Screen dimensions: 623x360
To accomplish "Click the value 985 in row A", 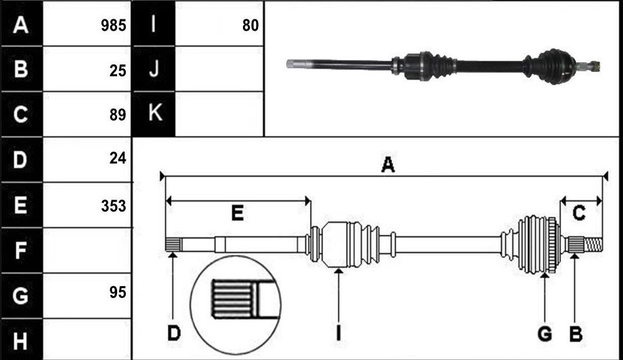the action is [x=113, y=26].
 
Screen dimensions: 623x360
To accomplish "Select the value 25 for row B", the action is [x=118, y=71].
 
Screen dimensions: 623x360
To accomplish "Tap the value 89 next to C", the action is [x=118, y=115].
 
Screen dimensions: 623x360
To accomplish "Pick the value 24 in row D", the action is [x=118, y=158].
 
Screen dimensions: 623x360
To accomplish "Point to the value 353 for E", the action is [x=113, y=206].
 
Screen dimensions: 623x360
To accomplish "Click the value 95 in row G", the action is [x=118, y=292].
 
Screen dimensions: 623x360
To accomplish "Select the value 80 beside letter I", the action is [x=250, y=26].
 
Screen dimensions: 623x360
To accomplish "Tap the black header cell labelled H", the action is [x=21, y=340].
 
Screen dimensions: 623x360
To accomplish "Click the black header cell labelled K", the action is [x=154, y=114].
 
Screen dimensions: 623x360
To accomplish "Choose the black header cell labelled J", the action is [x=154, y=69].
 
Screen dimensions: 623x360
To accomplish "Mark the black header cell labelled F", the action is [x=21, y=250].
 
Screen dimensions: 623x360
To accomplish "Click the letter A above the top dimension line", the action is [x=388, y=165].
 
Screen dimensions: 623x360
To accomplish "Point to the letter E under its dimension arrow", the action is [x=237, y=213].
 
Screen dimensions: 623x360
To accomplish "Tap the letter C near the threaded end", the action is [x=579, y=213].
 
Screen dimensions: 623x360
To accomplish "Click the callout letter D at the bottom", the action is [x=174, y=333].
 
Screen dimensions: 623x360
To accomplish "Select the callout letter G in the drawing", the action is [x=545, y=333].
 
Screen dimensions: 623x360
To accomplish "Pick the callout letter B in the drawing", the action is [x=575, y=333].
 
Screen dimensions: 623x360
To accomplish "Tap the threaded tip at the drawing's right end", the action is [x=593, y=244].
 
